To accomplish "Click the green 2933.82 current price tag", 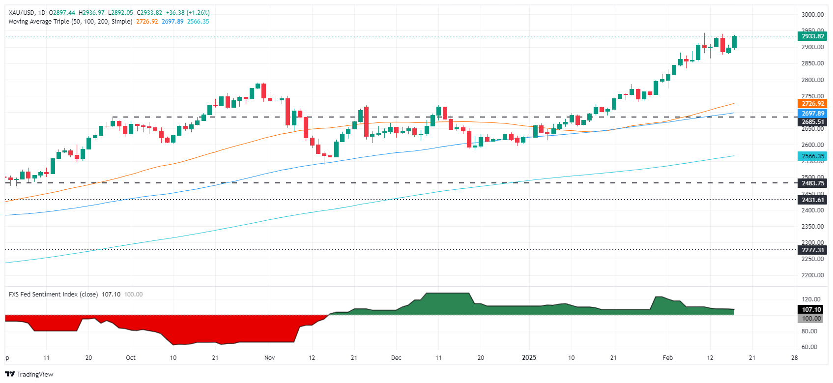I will coord(812,36).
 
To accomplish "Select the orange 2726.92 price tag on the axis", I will coord(812,104).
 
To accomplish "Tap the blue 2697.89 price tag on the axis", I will coord(812,114).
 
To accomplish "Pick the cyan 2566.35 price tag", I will coord(812,156).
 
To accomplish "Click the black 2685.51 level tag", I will coord(812,122).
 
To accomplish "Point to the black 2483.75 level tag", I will coord(812,183).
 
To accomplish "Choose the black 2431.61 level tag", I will coord(812,200).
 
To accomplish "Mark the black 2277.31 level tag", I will coord(812,250).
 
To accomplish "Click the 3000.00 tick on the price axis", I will coord(812,15).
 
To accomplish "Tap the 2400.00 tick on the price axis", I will coord(812,210).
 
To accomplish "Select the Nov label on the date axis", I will coord(269,358).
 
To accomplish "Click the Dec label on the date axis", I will coord(396,358).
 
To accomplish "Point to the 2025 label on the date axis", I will coord(529,358).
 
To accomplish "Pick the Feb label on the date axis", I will coord(667,358).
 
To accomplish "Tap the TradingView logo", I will coord(29,374).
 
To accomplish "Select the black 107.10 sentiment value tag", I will coord(811,309).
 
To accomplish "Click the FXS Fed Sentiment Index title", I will coord(53,295).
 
